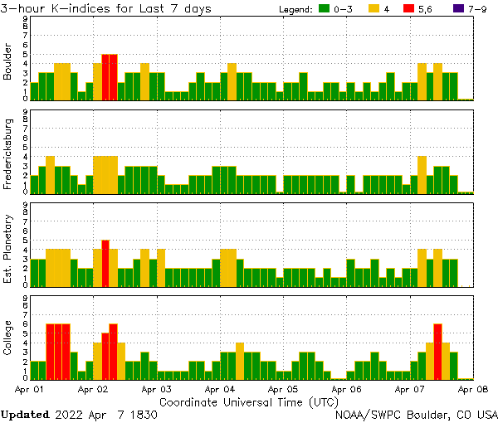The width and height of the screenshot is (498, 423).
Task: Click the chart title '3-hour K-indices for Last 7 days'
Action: [x=105, y=8]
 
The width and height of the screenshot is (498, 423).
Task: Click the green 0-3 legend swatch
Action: [x=325, y=9]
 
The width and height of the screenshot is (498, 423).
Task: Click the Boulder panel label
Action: [x=8, y=63]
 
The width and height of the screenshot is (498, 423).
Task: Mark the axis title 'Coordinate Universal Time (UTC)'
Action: [x=248, y=401]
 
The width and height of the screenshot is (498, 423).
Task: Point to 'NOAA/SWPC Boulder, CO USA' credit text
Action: [x=416, y=414]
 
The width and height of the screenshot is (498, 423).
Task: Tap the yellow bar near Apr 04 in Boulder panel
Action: [x=232, y=81]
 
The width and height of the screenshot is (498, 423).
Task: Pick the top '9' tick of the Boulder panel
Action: [x=26, y=18]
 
